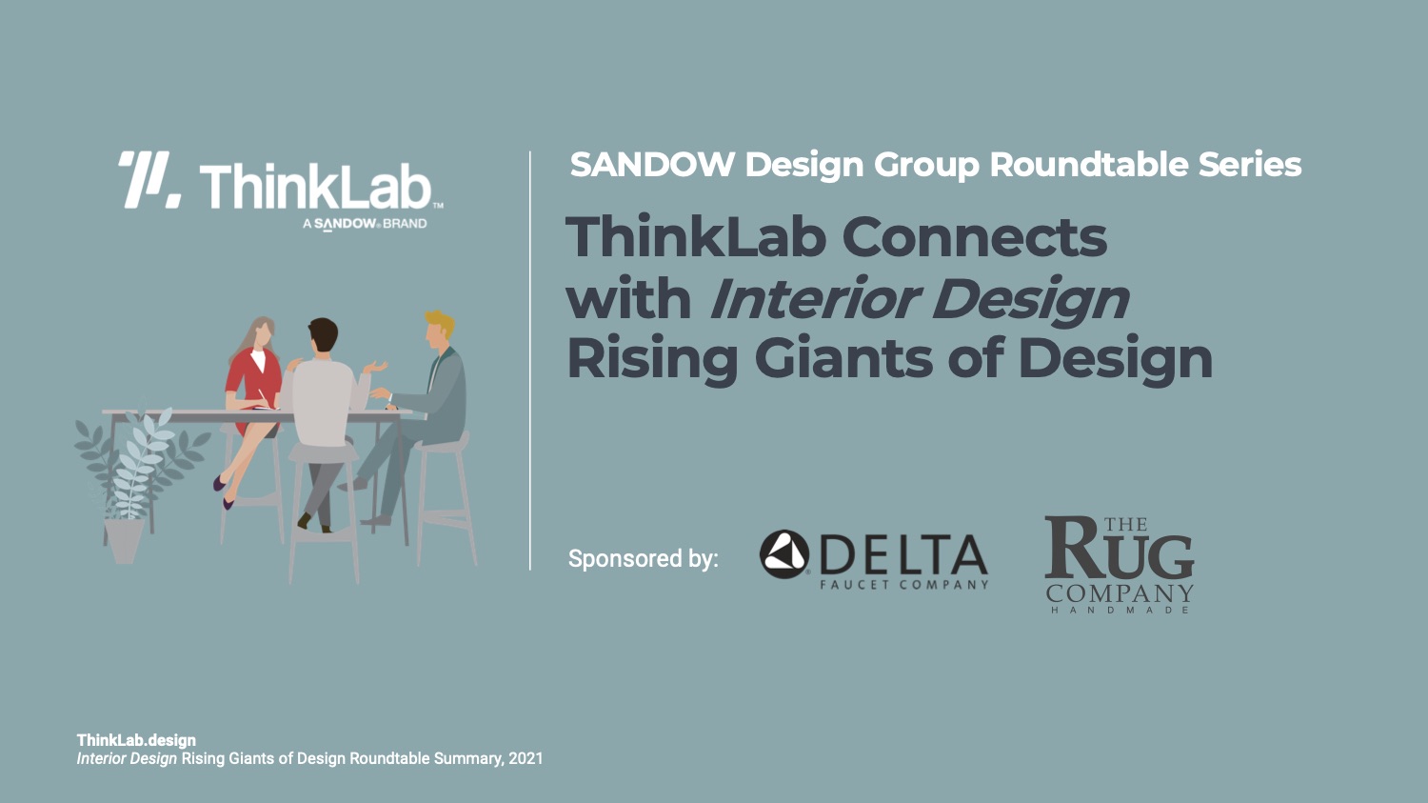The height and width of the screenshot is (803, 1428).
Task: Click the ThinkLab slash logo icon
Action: coord(149,180)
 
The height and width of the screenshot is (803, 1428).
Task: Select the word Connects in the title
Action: coord(975,237)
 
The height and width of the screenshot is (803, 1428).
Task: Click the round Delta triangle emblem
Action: coord(784,554)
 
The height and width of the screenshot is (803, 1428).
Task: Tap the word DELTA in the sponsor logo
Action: coord(904,555)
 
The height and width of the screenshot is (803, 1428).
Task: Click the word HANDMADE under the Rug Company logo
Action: coord(1120,610)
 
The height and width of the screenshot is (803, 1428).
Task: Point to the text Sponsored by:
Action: coord(644,559)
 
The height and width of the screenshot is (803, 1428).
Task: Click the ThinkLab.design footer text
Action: coord(136,740)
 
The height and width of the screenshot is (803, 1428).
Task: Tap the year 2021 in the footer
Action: coord(526,759)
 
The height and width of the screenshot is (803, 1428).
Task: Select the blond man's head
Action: coord(438,331)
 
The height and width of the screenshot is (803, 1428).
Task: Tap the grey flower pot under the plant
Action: coord(125,540)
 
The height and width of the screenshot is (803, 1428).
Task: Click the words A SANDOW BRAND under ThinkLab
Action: coord(365,224)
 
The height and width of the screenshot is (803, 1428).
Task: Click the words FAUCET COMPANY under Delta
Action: coord(904,584)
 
